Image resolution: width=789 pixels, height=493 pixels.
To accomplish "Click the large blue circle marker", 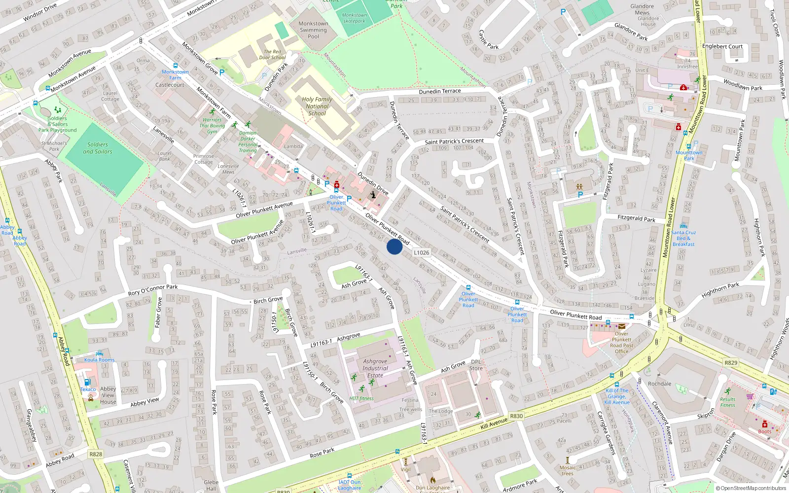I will [394, 246].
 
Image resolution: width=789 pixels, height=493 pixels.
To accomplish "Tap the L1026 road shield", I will [421, 252].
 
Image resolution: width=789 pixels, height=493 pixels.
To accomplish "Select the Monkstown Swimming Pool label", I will [313, 30].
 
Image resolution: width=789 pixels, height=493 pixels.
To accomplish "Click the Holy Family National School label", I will [317, 106].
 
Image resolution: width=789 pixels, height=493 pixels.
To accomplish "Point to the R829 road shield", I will [731, 363].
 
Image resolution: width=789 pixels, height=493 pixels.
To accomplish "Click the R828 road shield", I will [96, 454].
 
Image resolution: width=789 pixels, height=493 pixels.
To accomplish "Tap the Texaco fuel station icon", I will [88, 382].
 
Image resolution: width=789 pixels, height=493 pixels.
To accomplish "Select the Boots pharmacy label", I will [765, 431].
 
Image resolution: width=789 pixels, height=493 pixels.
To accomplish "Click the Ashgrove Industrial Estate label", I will [375, 368].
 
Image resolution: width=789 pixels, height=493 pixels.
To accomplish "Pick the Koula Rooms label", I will [99, 360].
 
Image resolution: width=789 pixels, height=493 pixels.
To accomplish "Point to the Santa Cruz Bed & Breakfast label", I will [683, 238].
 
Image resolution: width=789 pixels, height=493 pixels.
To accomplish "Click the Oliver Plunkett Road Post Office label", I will [621, 342].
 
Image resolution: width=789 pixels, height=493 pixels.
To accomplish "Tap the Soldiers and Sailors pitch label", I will [98, 148].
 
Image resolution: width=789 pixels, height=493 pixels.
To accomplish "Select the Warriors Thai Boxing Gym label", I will [212, 126].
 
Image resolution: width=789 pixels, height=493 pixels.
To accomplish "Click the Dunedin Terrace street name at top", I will [439, 92].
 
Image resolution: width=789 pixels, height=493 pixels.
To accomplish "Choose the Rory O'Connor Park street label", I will [153, 290].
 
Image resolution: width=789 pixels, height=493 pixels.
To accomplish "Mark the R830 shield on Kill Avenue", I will [516, 416].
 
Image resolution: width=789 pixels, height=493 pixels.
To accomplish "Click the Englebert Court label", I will [722, 46].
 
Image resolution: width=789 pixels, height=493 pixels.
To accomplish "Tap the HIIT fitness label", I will [361, 398].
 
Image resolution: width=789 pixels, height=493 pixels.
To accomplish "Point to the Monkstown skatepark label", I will [355, 18].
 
